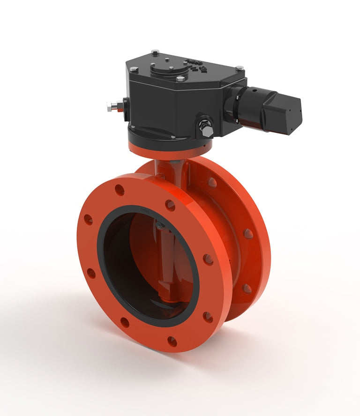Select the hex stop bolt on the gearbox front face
tap(205, 127)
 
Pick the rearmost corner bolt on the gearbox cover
tap(155, 52)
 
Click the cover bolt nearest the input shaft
tap(240, 68)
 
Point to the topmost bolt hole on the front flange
tap(120, 190)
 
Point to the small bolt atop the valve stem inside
tap(160, 226)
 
